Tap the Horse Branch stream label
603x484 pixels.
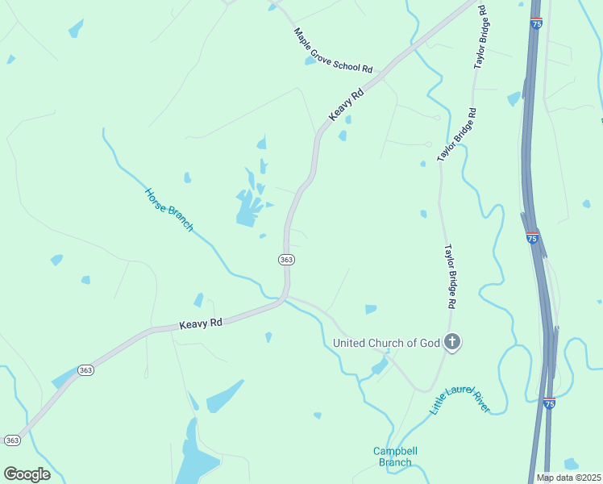[169, 210]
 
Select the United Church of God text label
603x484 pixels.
[387, 343]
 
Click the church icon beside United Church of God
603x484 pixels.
[452, 343]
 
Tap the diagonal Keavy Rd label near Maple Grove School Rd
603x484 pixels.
[347, 105]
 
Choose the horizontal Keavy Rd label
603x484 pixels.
[200, 323]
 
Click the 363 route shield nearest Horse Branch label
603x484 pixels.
[287, 259]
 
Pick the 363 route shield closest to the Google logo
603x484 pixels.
[12, 440]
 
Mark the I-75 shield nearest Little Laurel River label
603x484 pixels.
[549, 403]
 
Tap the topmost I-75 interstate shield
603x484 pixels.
[536, 24]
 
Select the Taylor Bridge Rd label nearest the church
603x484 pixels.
[452, 277]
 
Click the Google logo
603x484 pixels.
[27, 474]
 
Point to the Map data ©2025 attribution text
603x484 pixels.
[568, 478]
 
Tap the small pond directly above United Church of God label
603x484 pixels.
[371, 309]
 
